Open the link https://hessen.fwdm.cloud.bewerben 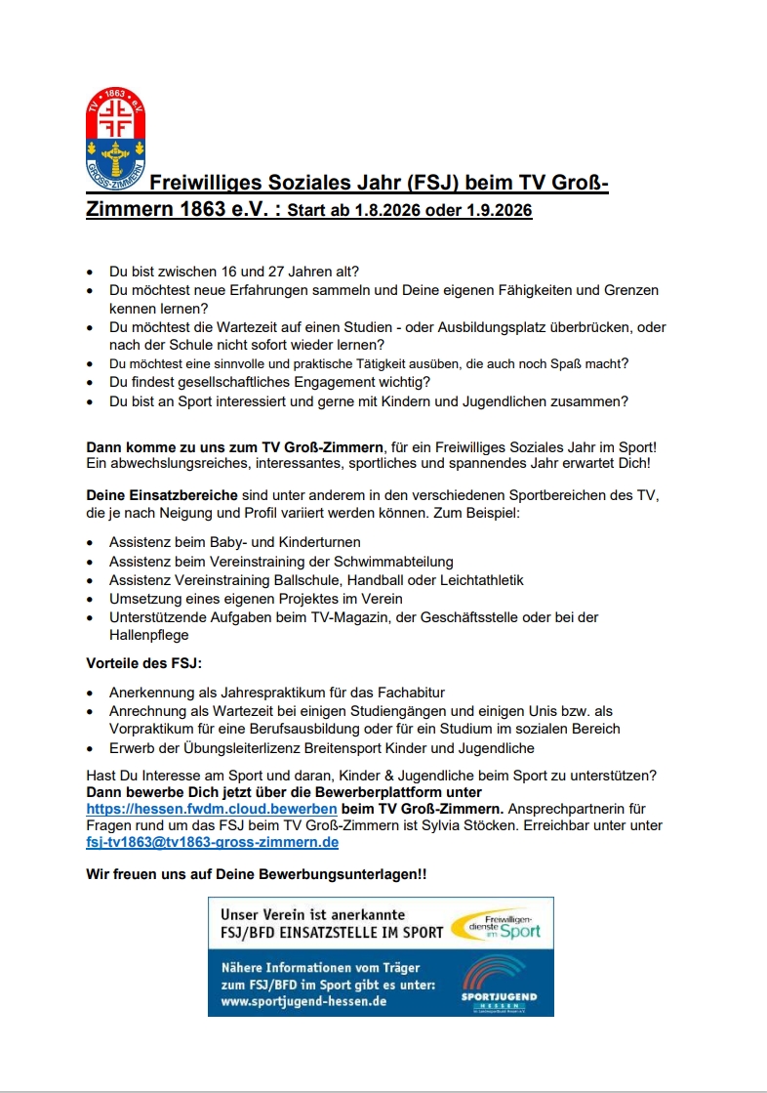coord(211,809)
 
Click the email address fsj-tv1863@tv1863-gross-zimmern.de coord(212,842)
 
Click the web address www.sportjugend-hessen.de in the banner coord(303,1001)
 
